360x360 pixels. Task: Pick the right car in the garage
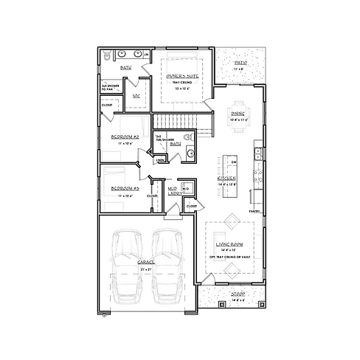pyautogui.click(x=167, y=269)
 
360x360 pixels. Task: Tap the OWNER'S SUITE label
pyautogui.click(x=181, y=75)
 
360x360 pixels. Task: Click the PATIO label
pyautogui.click(x=240, y=64)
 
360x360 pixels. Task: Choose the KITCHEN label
pyautogui.click(x=226, y=179)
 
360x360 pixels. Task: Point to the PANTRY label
pyautogui.click(x=255, y=211)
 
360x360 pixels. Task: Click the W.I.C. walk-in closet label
pyautogui.click(x=136, y=96)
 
